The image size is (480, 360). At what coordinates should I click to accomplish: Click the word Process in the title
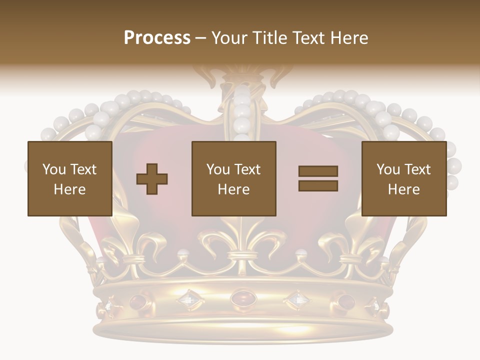click(x=157, y=38)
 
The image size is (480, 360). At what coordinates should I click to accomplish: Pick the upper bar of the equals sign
click(x=318, y=171)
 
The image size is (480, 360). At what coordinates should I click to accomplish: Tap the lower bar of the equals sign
click(x=318, y=186)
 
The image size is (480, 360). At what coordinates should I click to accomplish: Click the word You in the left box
click(x=54, y=169)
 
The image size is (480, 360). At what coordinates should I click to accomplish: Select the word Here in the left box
click(x=69, y=189)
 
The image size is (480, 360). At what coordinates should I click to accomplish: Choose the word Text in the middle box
click(x=247, y=169)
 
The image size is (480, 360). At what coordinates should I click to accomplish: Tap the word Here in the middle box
click(x=233, y=189)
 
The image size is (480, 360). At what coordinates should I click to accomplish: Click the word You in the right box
click(x=388, y=169)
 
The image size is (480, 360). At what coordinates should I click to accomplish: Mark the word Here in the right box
click(x=403, y=189)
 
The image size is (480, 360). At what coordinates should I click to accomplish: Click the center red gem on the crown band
click(x=242, y=299)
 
